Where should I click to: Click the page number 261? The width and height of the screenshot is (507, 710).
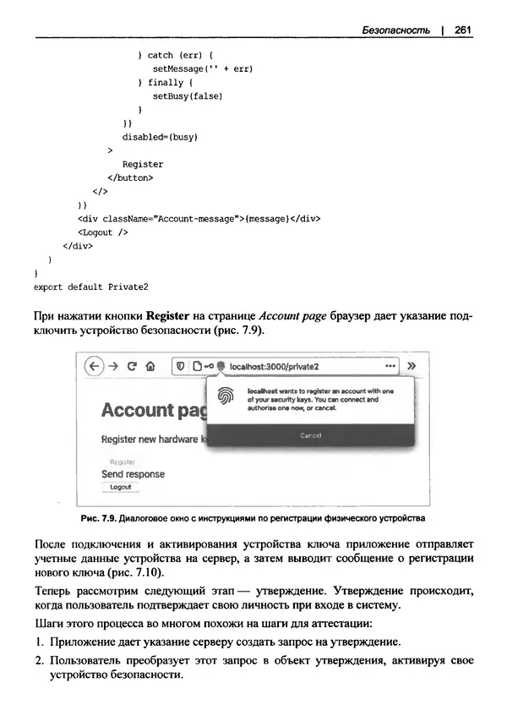tap(462, 30)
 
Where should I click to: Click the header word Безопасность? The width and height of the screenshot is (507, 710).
tap(395, 30)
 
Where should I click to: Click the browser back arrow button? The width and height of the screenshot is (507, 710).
tap(95, 367)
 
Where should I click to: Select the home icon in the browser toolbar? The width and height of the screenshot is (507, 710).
tap(150, 367)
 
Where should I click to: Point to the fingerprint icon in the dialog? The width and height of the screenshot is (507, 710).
tap(226, 396)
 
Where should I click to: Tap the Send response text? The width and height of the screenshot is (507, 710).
tap(133, 474)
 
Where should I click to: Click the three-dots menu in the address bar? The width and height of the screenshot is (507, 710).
tap(390, 367)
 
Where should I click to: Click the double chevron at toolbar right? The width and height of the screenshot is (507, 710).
tap(412, 367)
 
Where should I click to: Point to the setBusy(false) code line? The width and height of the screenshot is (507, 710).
tap(187, 96)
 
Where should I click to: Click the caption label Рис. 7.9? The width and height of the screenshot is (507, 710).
tap(95, 517)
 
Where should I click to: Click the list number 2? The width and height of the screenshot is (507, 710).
tap(39, 659)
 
